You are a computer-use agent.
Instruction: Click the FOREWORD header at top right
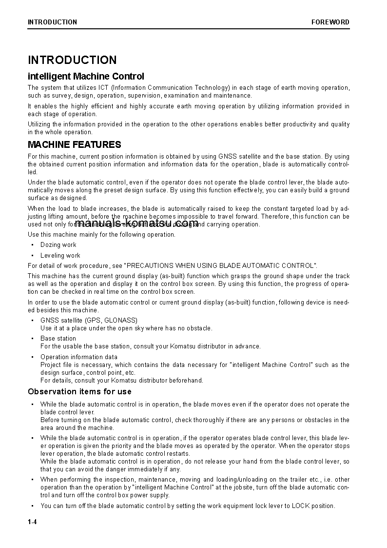pyautogui.click(x=330, y=22)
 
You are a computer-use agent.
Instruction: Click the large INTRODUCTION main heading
pyautogui.click(x=72, y=60)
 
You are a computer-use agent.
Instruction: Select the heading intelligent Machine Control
pyautogui.click(x=86, y=76)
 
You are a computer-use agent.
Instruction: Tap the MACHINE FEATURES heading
pyautogui.click(x=74, y=144)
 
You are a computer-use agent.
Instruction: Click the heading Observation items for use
pyautogui.click(x=79, y=391)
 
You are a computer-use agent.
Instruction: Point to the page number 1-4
pyautogui.click(x=32, y=523)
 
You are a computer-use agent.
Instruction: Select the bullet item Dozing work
pyautogui.click(x=58, y=245)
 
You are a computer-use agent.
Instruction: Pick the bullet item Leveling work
pyautogui.click(x=60, y=255)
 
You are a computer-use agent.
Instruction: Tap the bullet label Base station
pyautogui.click(x=58, y=338)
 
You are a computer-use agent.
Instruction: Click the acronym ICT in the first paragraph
pyautogui.click(x=103, y=88)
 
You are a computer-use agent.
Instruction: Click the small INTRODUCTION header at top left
pyautogui.click(x=52, y=22)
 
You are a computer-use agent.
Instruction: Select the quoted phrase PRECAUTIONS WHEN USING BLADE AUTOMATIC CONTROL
pyautogui.click(x=221, y=265)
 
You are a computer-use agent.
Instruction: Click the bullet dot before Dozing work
pyautogui.click(x=32, y=245)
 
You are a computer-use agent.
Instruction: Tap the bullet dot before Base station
pyautogui.click(x=32, y=338)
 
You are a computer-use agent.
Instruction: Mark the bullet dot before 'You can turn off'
pyautogui.click(x=32, y=506)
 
